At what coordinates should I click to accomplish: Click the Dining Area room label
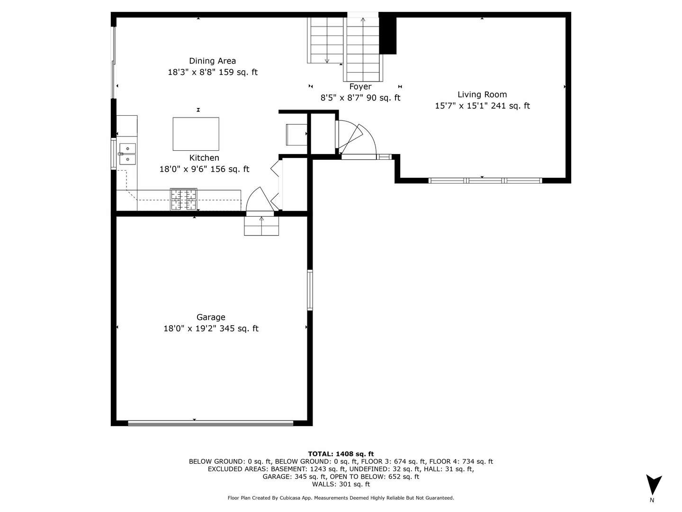tap(212, 61)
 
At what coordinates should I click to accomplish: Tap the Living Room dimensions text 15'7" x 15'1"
tap(461, 106)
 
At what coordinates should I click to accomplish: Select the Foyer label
tap(360, 86)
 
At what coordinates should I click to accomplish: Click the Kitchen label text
tap(204, 158)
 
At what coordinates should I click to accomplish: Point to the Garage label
tap(211, 317)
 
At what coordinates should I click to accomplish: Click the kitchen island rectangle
tap(196, 134)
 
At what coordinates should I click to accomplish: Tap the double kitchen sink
tap(127, 154)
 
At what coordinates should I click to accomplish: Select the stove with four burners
tap(183, 199)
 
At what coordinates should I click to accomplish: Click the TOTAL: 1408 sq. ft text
tap(341, 454)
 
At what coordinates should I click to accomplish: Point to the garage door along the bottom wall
tap(211, 422)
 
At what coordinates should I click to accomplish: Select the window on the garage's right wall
tap(310, 290)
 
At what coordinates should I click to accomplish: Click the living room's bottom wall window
tap(485, 181)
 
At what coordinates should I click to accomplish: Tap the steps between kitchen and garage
tap(261, 226)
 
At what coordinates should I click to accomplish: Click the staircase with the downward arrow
tap(326, 40)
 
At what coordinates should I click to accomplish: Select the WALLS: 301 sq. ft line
tap(341, 484)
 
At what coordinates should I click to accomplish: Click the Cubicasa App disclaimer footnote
tap(341, 498)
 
